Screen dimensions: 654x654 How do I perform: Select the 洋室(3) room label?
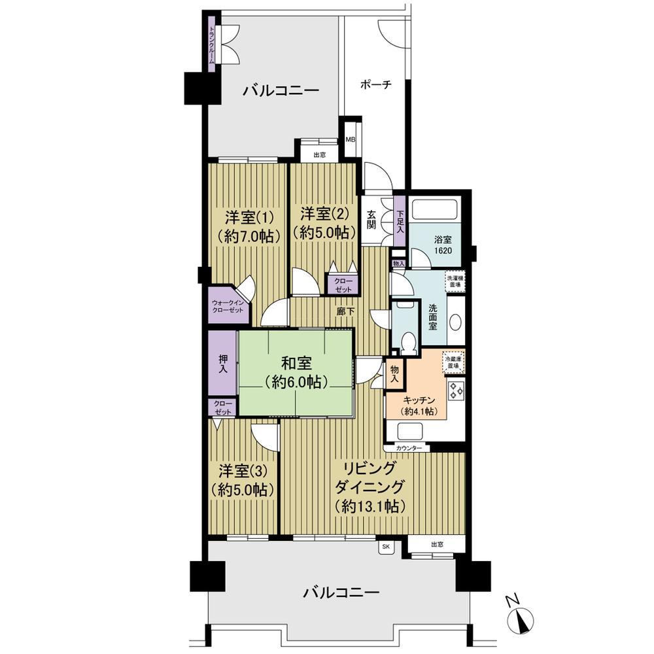242,480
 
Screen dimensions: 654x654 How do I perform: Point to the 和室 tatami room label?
297,371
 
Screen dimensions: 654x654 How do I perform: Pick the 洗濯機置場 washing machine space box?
455,281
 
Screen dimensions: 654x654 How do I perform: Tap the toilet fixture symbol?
407,341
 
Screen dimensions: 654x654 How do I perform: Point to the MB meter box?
351,140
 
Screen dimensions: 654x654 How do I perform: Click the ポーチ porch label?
375,85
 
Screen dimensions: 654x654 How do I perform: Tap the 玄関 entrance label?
370,220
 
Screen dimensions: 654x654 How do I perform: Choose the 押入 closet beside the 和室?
222,364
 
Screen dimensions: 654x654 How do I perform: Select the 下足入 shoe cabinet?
400,219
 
